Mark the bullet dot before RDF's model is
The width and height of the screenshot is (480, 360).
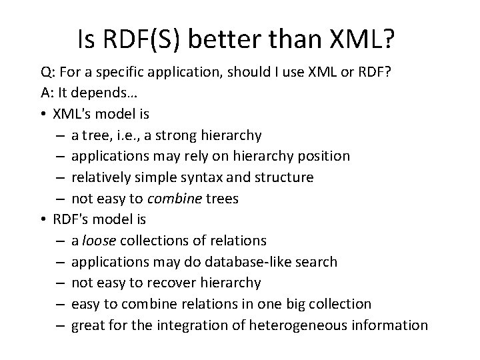pyautogui.click(x=42, y=219)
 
